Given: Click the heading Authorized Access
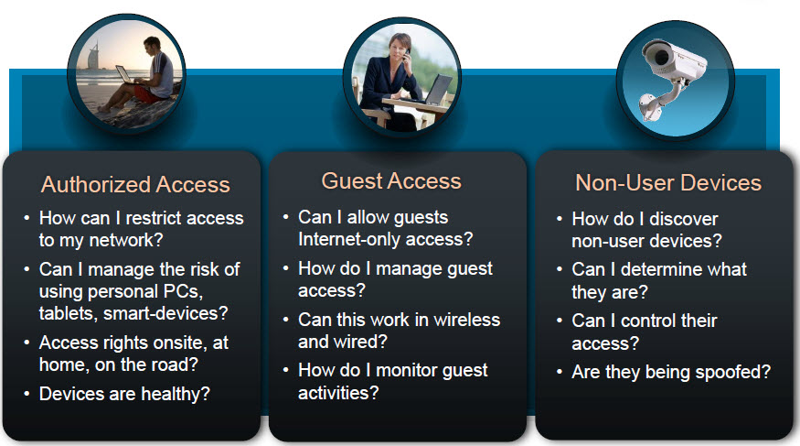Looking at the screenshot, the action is [135, 184].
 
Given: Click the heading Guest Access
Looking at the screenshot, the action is [391, 180].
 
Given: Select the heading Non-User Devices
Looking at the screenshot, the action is [668, 182].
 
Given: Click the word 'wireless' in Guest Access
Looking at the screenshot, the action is [467, 320].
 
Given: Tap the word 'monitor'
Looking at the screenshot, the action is [406, 370].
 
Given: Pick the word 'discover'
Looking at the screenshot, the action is [684, 219].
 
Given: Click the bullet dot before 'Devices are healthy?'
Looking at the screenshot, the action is [27, 394].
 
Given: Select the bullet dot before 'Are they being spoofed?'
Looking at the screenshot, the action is [560, 372].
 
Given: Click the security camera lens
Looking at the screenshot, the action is [661, 57].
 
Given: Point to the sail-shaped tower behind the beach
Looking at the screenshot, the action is [94, 57].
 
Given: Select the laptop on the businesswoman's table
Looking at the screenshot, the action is [438, 91].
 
